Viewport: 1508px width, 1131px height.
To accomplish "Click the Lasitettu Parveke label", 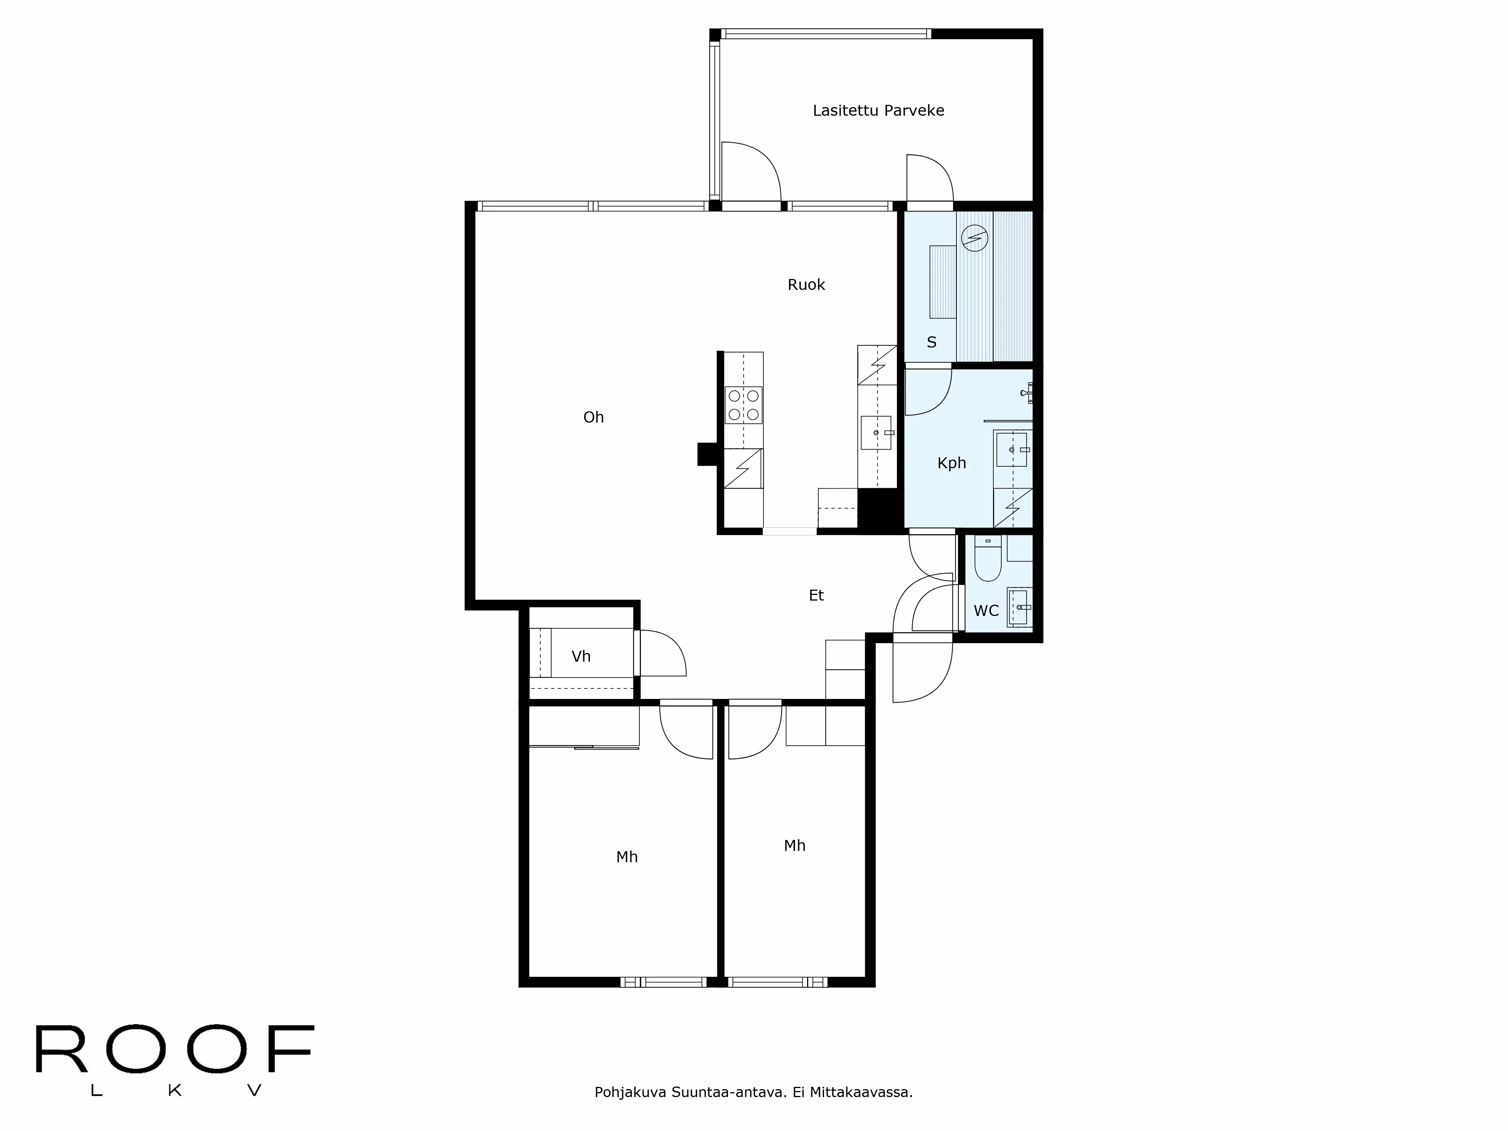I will tap(878, 110).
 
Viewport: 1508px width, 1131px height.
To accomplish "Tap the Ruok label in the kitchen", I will tap(806, 285).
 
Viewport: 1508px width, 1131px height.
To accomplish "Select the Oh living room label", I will tap(593, 417).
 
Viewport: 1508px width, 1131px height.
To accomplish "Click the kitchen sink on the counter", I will tap(876, 433).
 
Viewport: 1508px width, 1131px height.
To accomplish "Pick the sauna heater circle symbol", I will tap(974, 238).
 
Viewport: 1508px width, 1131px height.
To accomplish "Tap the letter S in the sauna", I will tap(931, 342).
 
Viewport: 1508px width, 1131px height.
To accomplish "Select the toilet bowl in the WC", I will tap(987, 562).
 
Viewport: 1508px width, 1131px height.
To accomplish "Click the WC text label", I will tap(986, 611).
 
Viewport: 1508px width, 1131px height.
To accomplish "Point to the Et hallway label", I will tap(816, 596).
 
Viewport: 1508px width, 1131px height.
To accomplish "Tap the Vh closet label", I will tap(581, 656).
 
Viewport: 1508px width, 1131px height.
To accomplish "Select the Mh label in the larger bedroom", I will tap(627, 857).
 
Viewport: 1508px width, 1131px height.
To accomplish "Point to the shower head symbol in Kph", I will tap(1027, 393).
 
